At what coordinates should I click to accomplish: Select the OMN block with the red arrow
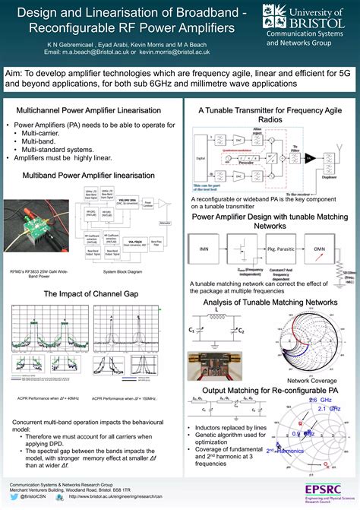[319, 249]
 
